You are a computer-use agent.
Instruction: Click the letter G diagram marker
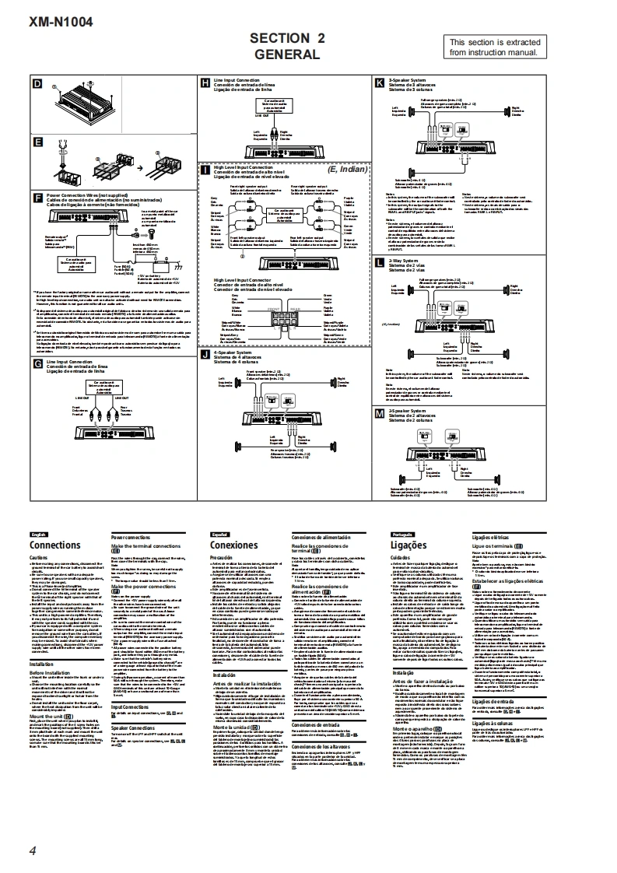[x=37, y=363]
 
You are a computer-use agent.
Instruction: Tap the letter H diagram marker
[x=205, y=81]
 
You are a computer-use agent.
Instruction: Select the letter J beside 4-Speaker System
[x=205, y=352]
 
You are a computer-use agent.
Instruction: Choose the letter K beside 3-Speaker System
[x=379, y=81]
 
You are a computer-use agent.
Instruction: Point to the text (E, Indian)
[x=345, y=169]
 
